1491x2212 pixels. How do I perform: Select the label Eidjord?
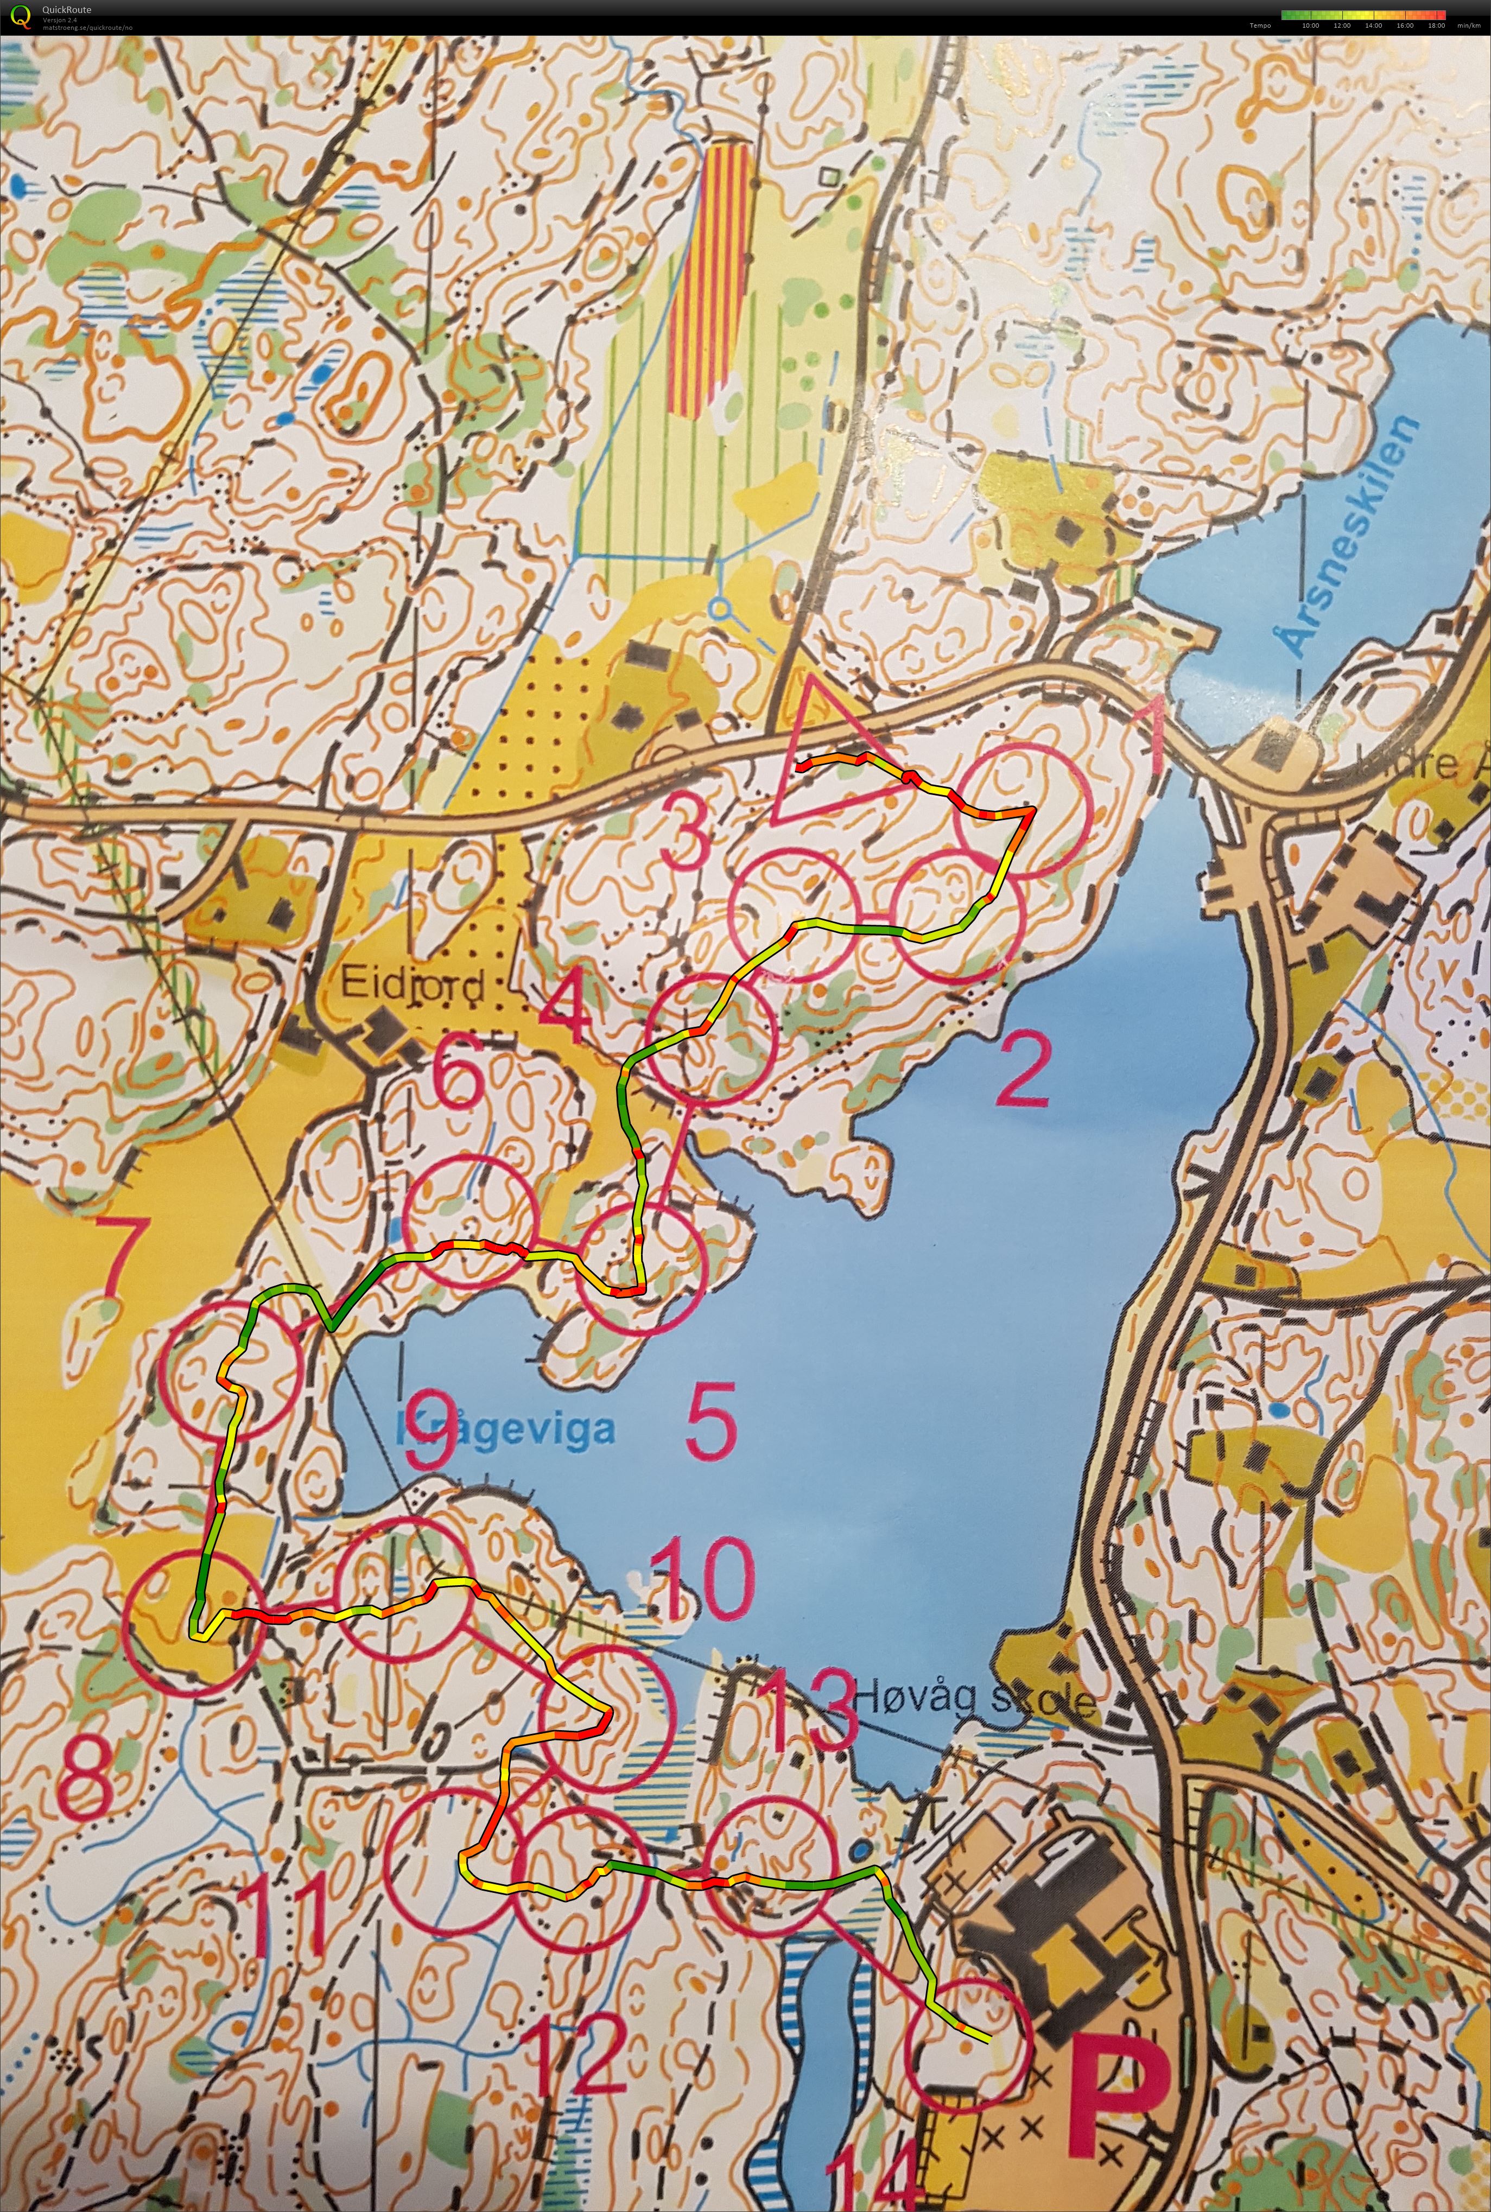click(x=412, y=985)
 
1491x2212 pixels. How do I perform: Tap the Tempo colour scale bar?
click(x=1362, y=14)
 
